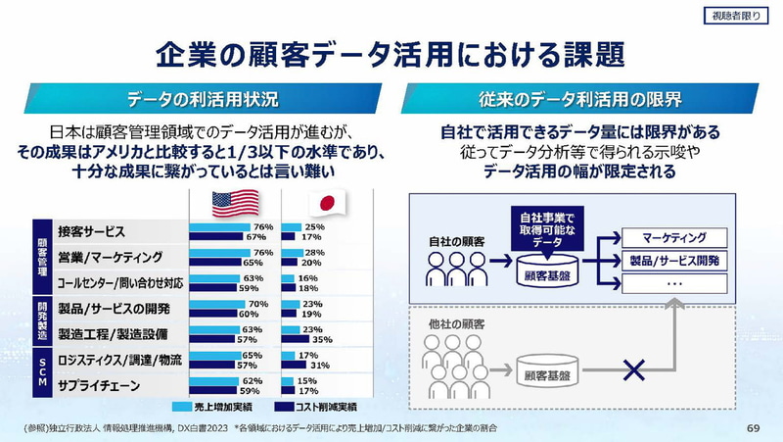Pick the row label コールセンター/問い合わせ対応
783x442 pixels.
point(119,283)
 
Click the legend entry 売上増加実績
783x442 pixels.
point(212,407)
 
